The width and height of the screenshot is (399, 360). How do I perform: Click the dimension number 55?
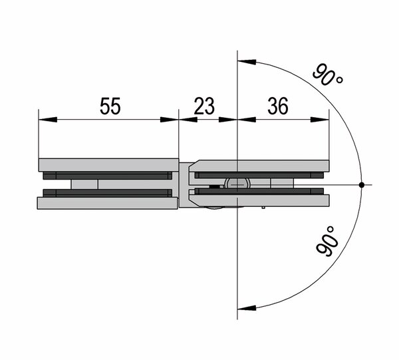[x=110, y=106]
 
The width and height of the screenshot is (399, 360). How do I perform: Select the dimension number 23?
[x=204, y=106]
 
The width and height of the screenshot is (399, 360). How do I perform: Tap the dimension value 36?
[x=278, y=106]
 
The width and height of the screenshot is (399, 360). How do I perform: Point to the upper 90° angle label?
[x=327, y=75]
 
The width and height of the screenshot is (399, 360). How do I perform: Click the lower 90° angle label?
[x=327, y=241]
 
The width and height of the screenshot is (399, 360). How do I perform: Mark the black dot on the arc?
[x=361, y=184]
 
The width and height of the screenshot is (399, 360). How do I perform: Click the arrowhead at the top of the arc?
[x=247, y=62]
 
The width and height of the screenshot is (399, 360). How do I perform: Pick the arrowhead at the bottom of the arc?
[x=247, y=308]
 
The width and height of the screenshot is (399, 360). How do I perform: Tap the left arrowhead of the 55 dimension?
[x=48, y=119]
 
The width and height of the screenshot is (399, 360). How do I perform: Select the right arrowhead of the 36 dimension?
[x=320, y=119]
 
